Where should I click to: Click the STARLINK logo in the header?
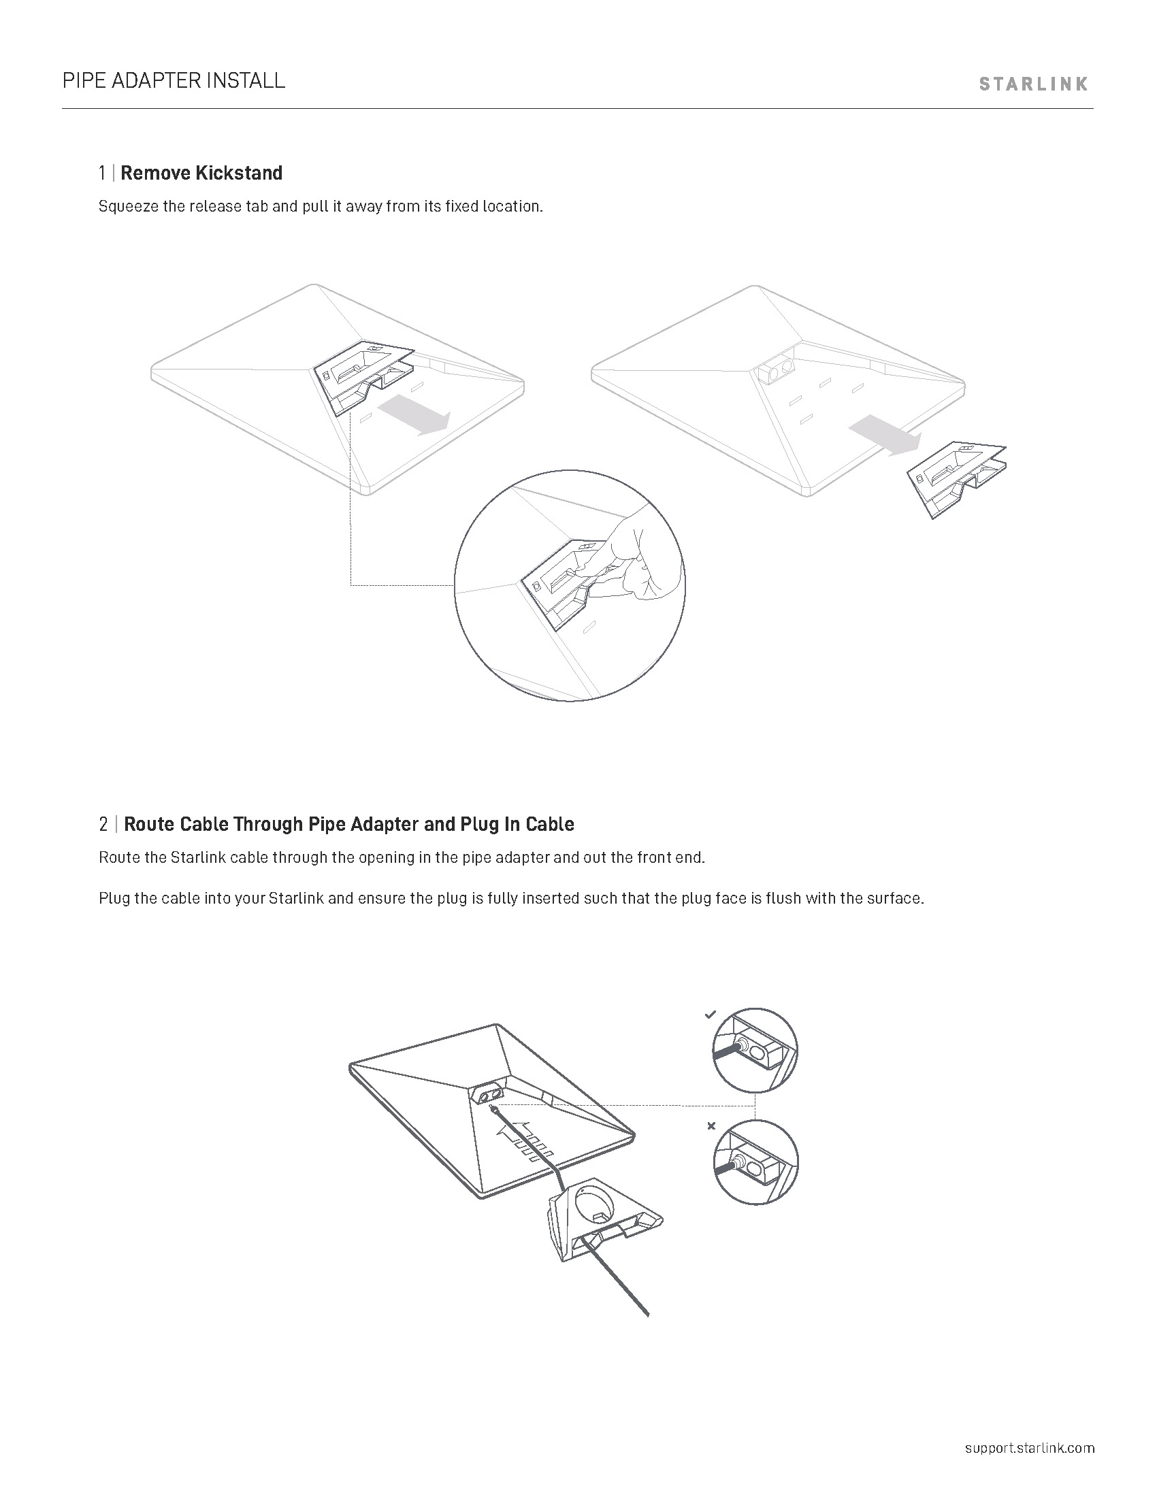[1033, 84]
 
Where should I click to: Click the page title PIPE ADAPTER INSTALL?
[174, 81]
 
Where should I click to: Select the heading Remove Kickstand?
[201, 173]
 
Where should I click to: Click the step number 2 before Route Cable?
[103, 824]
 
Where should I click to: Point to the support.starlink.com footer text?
[1029, 1447]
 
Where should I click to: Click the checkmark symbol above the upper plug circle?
[711, 1015]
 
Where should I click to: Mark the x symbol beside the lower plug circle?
[711, 1125]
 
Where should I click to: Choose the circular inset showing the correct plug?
[755, 1051]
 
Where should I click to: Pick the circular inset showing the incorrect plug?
[755, 1162]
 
